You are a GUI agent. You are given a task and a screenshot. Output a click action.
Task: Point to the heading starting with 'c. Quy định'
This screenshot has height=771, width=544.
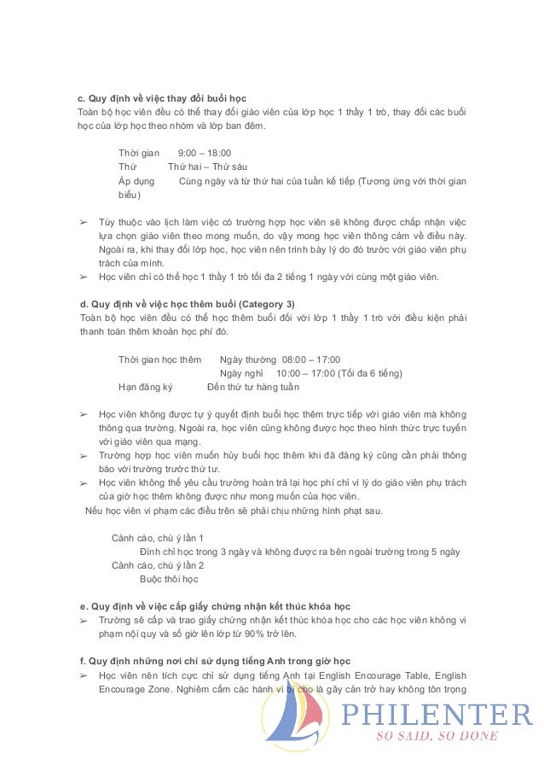[161, 98]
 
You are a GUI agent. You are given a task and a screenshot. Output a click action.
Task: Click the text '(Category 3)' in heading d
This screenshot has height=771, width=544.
[268, 303]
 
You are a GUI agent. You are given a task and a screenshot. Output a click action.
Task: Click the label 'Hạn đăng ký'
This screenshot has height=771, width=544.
[145, 387]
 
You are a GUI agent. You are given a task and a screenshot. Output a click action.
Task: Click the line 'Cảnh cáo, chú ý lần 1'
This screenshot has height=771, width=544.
[158, 538]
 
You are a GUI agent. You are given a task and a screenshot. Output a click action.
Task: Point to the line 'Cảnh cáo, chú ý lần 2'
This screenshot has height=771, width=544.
[158, 565]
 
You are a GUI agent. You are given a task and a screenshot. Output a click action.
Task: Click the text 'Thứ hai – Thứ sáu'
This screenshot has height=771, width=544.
[207, 166]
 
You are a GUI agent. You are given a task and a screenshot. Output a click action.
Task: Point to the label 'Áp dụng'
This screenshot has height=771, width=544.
[136, 181]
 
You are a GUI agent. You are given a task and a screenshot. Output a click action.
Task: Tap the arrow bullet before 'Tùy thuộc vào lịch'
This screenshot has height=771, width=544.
[83, 221]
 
